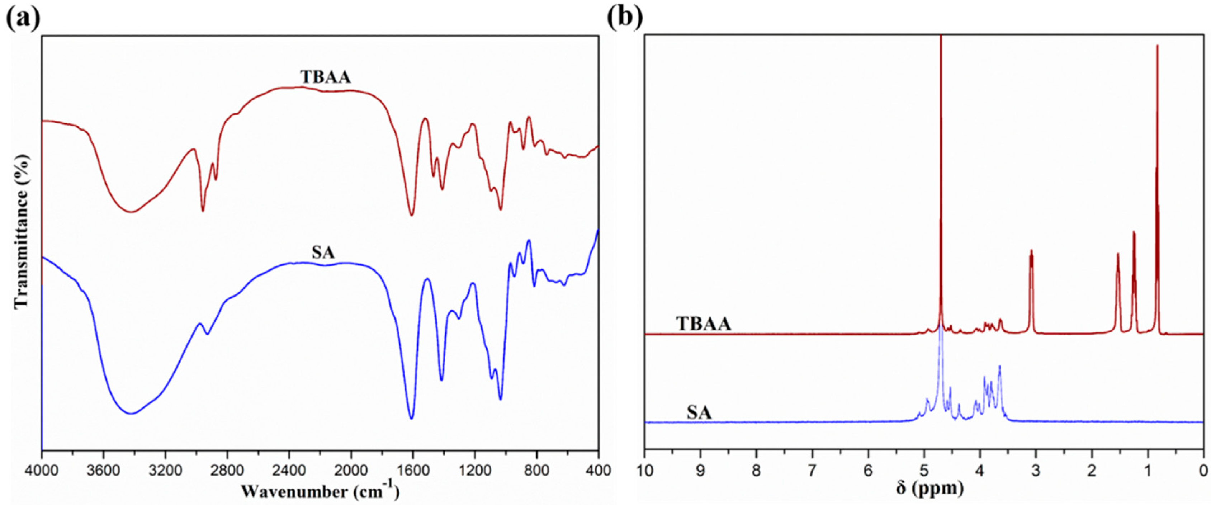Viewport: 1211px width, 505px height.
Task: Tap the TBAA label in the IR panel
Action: (325, 77)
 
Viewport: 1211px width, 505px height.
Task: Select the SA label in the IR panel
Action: (323, 253)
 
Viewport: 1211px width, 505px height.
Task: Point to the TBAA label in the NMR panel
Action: (703, 324)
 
